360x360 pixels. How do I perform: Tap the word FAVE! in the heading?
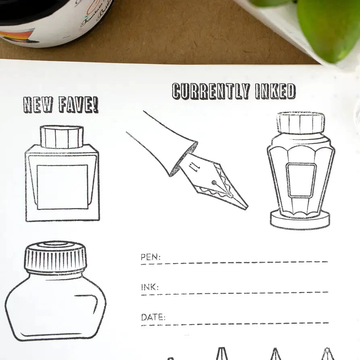pos(78,104)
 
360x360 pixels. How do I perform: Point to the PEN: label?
pos(150,257)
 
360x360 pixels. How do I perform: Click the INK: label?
pos(150,287)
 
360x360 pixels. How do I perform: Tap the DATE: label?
pos(153,317)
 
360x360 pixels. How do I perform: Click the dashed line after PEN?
pos(242,262)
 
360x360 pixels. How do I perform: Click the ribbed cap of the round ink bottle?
pos(55,256)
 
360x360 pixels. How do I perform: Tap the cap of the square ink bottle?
pos(62,137)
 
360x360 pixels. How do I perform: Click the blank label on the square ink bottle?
pos(62,187)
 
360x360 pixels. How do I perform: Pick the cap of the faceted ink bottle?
pos(300,123)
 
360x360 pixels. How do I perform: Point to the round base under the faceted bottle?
pos(300,221)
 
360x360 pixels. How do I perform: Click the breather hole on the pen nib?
pos(213,183)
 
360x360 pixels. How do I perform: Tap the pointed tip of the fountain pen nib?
pos(246,208)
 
